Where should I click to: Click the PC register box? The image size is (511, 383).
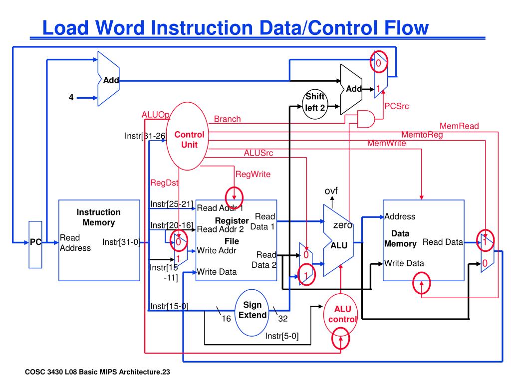[x=35, y=242]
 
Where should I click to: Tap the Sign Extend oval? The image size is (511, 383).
[x=252, y=310]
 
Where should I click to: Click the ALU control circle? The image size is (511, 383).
[x=342, y=314]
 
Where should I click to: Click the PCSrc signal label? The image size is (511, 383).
[x=396, y=106]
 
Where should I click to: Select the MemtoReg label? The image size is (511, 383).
[x=422, y=135]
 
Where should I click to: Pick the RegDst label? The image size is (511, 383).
[x=164, y=183]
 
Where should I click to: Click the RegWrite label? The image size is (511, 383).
[x=253, y=174]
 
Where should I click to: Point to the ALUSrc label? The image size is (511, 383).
[x=258, y=153]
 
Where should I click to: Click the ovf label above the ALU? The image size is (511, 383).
[x=331, y=191]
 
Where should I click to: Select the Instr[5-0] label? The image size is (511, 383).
[x=282, y=336]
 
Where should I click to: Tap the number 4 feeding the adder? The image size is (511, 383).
[x=71, y=98]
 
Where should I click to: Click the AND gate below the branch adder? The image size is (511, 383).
[x=366, y=119]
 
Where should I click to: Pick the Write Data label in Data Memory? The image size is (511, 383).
[x=404, y=263]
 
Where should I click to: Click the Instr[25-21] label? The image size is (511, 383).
[x=171, y=203]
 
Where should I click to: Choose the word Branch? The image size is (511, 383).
[x=227, y=119]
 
